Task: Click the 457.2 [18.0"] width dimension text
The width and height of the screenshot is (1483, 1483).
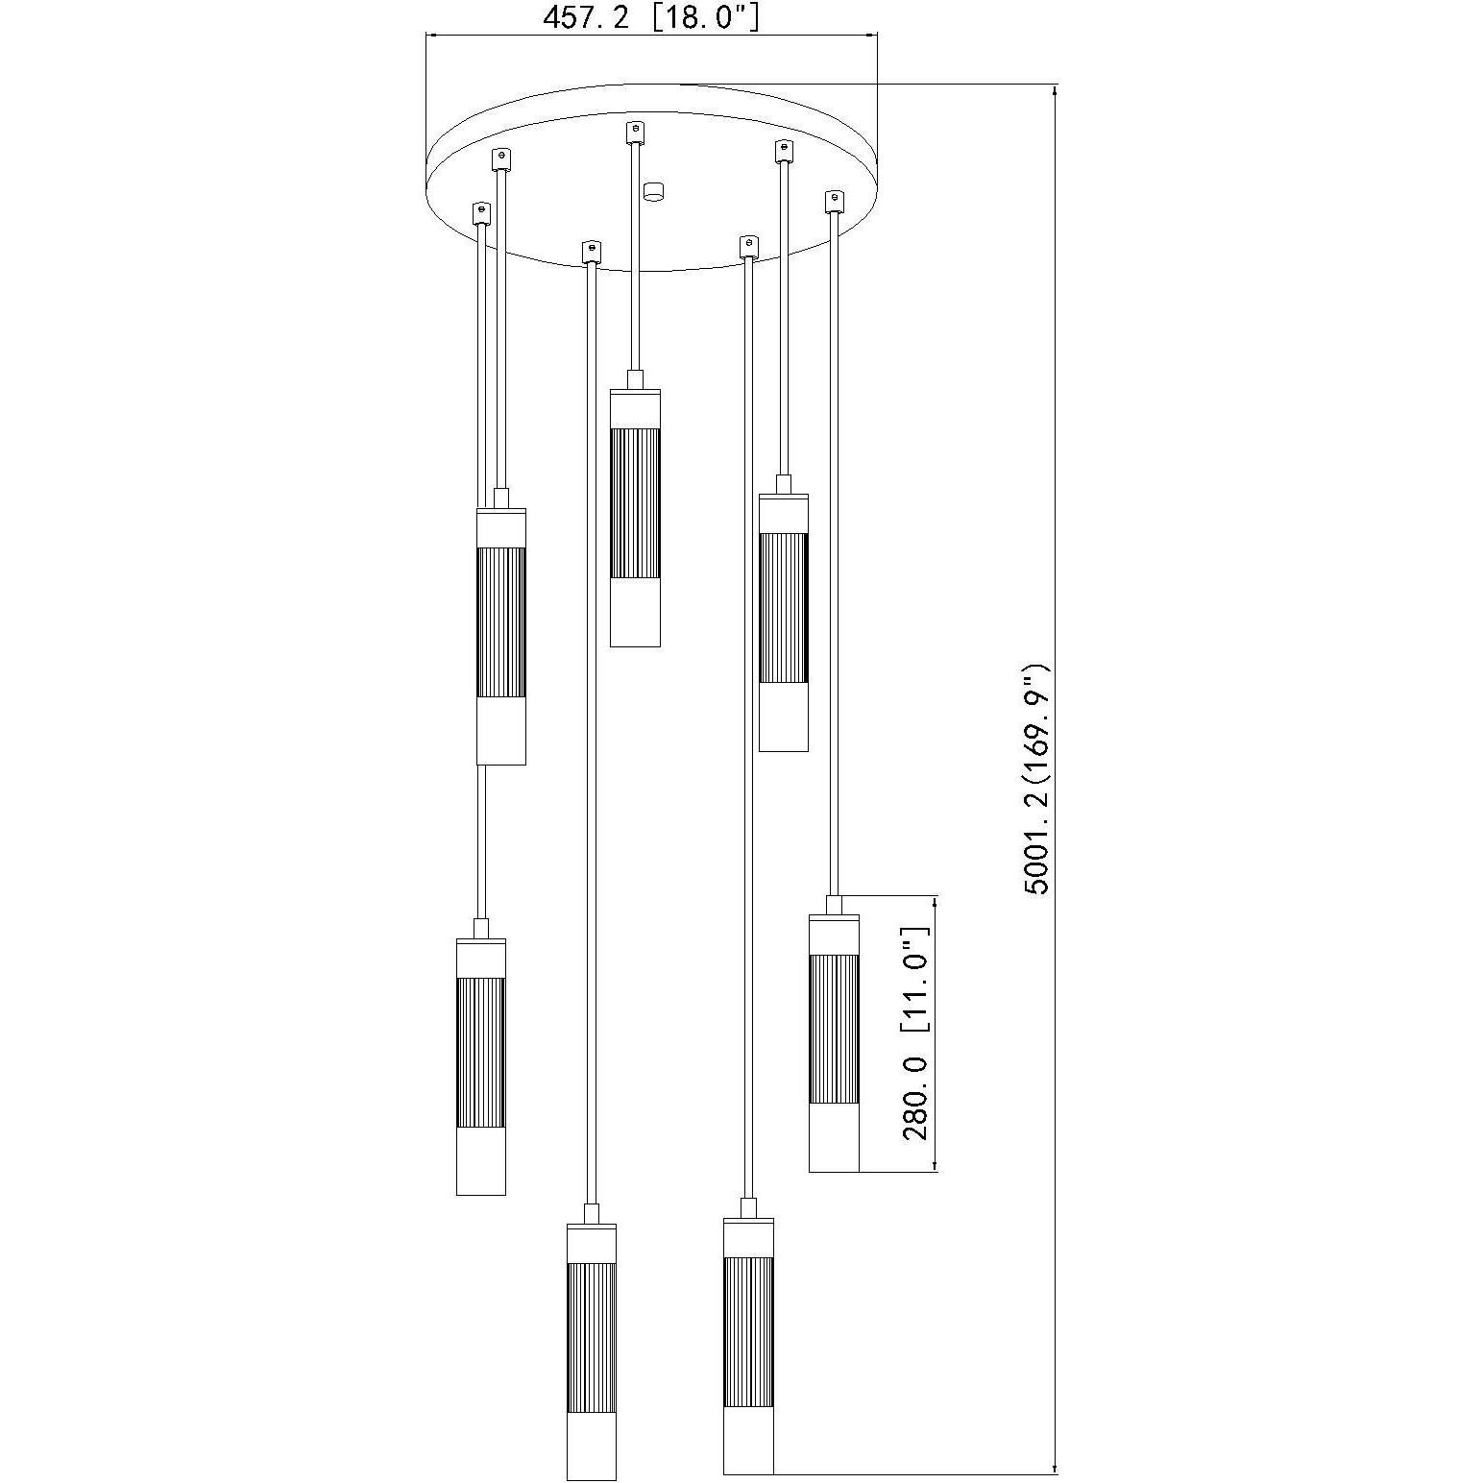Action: click(x=651, y=16)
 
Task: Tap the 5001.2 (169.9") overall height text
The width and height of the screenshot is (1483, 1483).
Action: click(x=1037, y=778)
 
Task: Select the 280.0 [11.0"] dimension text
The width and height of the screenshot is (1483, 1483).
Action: click(x=916, y=1033)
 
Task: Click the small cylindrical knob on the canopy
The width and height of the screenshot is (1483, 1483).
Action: click(x=654, y=190)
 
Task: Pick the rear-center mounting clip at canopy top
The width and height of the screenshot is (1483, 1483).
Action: click(x=634, y=130)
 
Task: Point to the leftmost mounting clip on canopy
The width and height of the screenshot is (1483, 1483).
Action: click(x=480, y=212)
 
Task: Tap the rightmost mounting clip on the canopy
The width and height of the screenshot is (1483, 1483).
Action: click(x=834, y=201)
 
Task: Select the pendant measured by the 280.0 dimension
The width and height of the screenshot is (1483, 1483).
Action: click(x=833, y=1043)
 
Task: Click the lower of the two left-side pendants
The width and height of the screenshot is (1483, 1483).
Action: click(x=480, y=1066)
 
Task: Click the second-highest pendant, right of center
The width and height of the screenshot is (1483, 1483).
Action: click(x=783, y=622)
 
